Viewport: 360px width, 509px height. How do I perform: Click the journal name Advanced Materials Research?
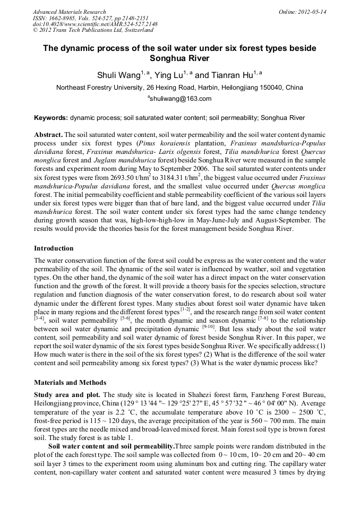69,12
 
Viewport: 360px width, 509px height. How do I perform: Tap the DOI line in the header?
95,24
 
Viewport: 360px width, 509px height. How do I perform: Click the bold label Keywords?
51,117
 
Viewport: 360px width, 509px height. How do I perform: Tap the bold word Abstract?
48,135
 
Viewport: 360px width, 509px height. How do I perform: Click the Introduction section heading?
54,248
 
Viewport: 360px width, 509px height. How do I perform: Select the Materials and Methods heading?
70,382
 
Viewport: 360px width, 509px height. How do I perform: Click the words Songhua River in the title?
179,58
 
